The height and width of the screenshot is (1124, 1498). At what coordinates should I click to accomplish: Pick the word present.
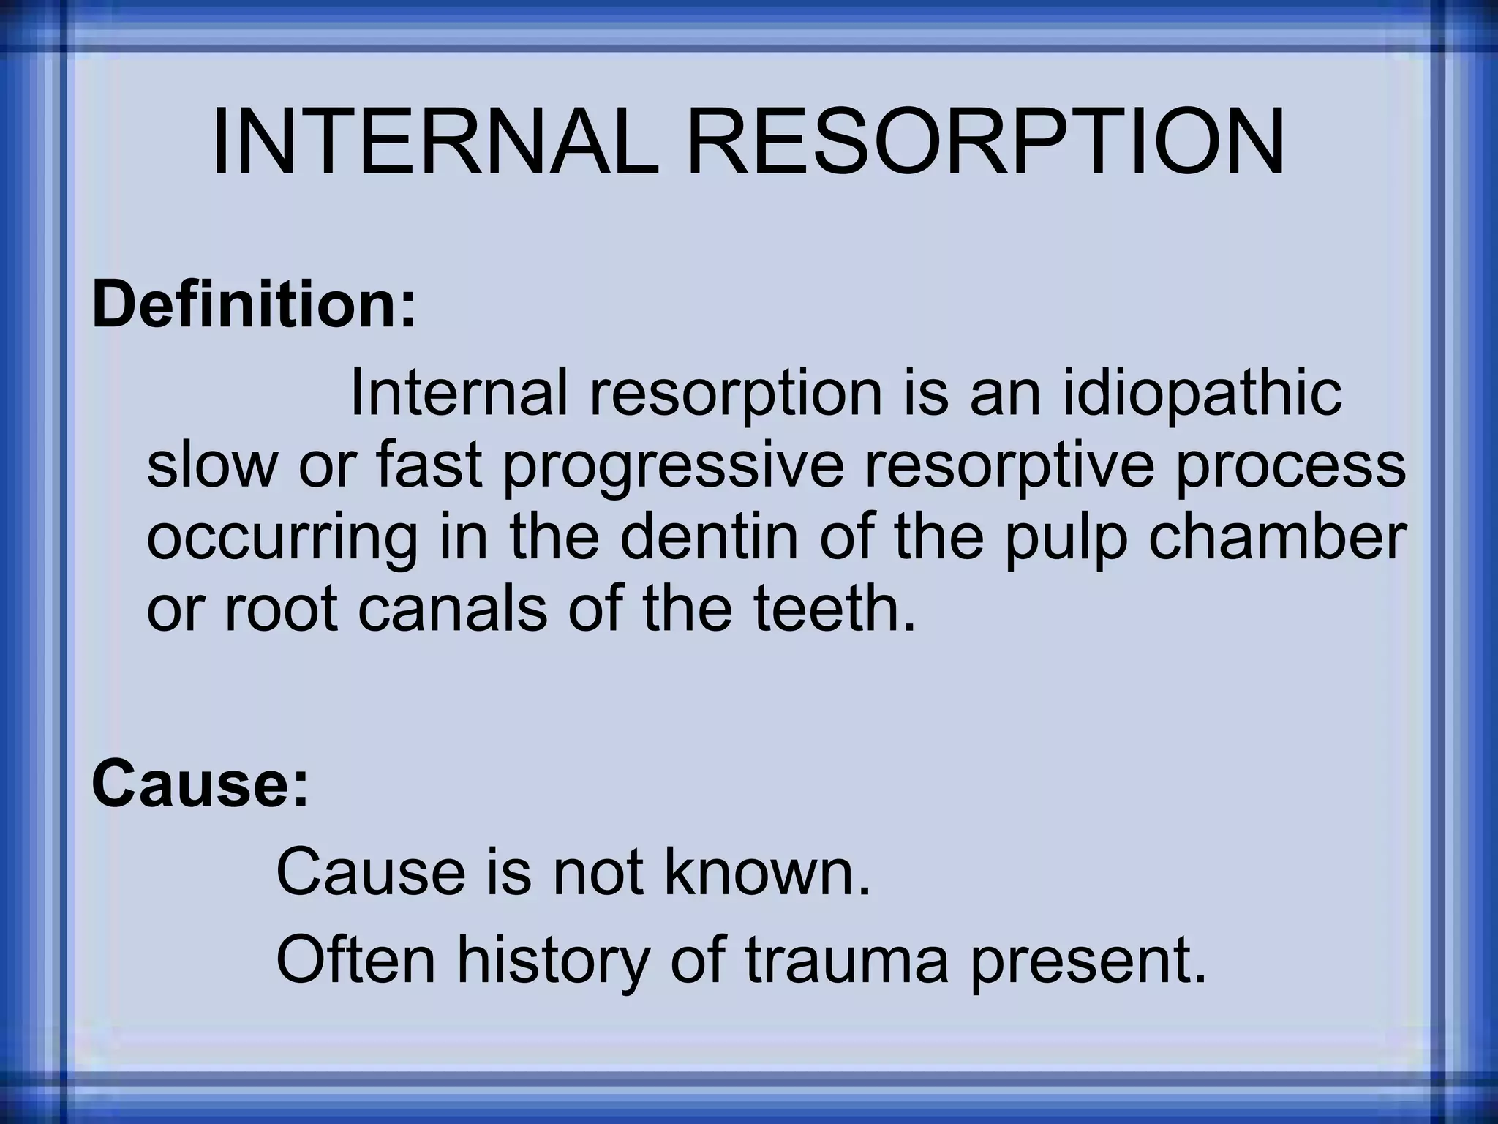coord(1087,962)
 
